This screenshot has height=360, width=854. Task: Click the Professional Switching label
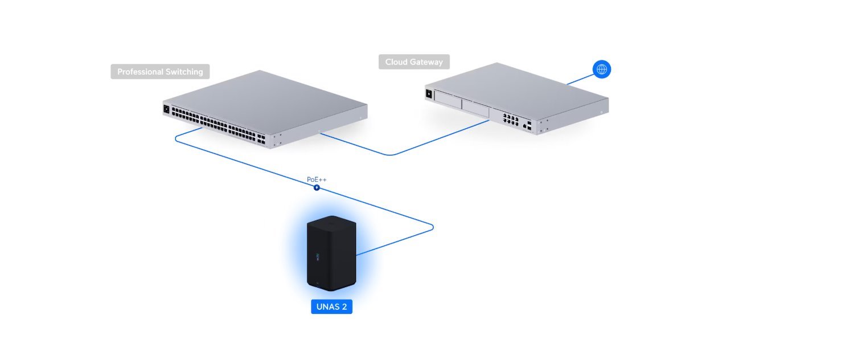click(x=160, y=72)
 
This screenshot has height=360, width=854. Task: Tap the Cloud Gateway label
click(x=414, y=62)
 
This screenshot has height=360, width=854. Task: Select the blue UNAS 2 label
click(x=332, y=307)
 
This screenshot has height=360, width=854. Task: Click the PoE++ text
click(x=317, y=179)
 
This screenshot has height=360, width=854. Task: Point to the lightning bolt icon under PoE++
click(x=317, y=187)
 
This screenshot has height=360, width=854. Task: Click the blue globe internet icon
click(x=602, y=69)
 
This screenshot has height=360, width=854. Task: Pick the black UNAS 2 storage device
click(x=331, y=253)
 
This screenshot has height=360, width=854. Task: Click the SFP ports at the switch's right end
click(x=261, y=138)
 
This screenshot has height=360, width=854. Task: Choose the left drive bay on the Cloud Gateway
click(x=447, y=101)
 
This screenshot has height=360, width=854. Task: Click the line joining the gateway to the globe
click(x=580, y=79)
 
